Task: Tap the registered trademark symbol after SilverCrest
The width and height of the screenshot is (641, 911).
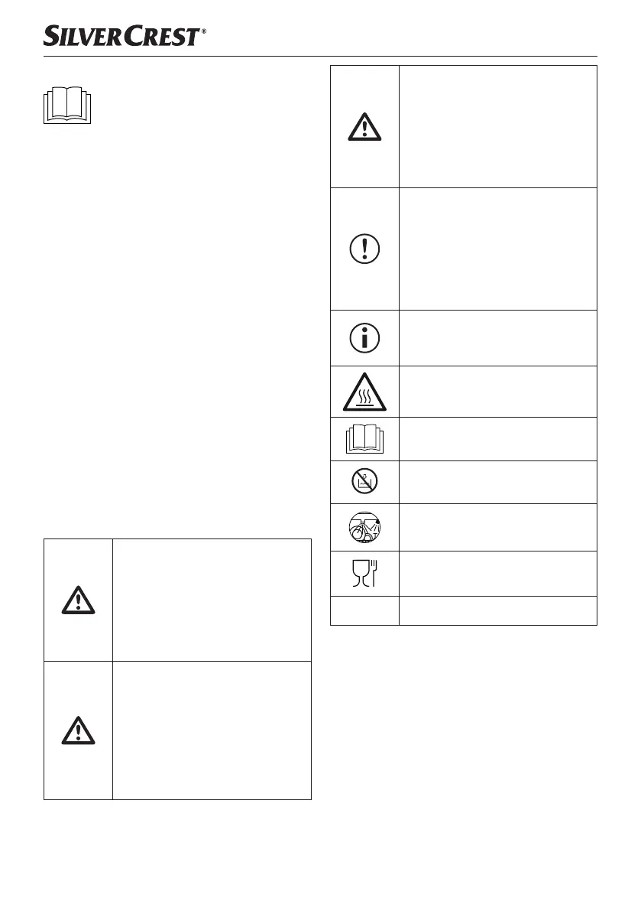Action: (x=204, y=32)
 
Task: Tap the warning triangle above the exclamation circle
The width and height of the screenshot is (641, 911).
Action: (x=364, y=126)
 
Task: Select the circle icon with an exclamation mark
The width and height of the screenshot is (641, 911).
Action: (x=364, y=249)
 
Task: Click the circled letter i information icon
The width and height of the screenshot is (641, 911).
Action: (x=364, y=337)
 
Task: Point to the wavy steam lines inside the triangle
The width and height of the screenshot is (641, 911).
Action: (x=364, y=396)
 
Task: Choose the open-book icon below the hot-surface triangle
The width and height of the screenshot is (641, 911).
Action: (x=364, y=438)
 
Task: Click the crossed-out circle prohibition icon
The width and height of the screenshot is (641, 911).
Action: (x=364, y=482)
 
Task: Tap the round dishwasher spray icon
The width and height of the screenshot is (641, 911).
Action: (x=364, y=527)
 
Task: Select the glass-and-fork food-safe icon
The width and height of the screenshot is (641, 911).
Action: (x=364, y=574)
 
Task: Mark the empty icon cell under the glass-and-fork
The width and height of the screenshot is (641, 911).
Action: (x=364, y=610)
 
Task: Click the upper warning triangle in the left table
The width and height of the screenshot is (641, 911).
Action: (x=78, y=600)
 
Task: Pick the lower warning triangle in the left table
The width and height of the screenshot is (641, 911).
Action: (x=78, y=730)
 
